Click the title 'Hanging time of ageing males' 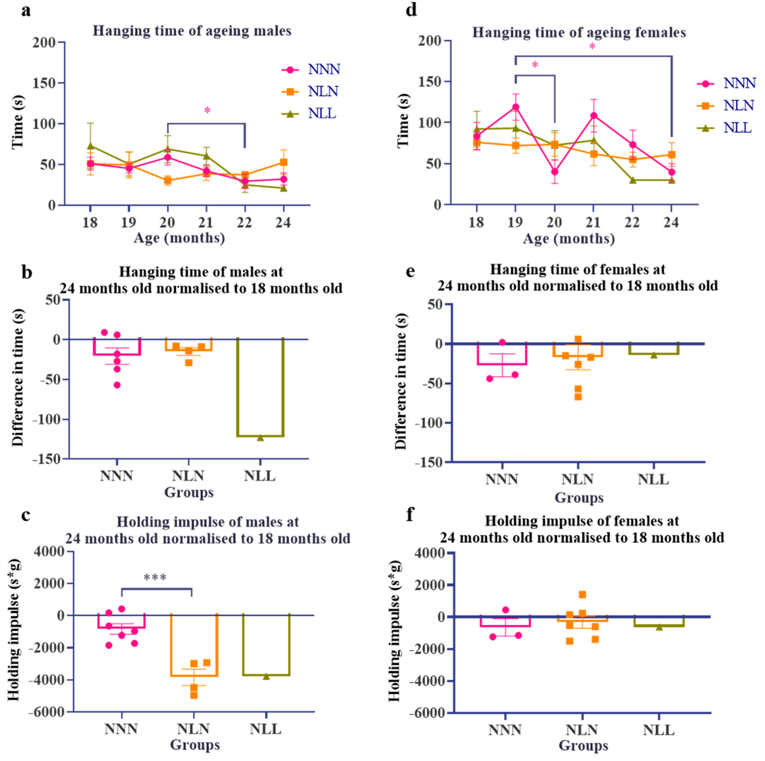[x=192, y=31]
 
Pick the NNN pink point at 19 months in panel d [x=515, y=107]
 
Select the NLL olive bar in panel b [x=260, y=388]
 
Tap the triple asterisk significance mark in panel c [x=155, y=578]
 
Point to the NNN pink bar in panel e [x=502, y=354]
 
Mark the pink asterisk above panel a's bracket [x=207, y=110]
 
